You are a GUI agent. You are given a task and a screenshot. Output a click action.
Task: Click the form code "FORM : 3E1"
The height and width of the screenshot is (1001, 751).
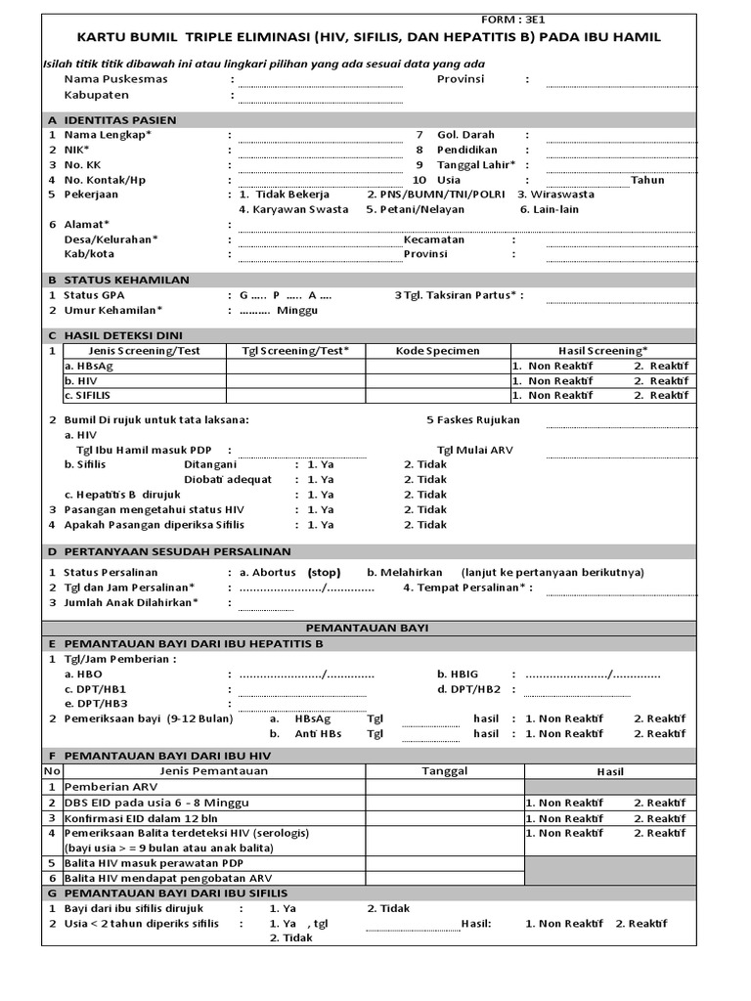(x=516, y=21)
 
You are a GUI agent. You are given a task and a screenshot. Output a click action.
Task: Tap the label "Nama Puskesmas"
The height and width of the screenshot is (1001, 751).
(x=115, y=79)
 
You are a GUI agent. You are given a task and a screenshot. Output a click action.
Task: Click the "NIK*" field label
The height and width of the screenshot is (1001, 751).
(x=76, y=151)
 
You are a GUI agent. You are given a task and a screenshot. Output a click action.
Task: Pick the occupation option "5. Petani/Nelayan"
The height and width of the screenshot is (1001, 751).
(x=416, y=209)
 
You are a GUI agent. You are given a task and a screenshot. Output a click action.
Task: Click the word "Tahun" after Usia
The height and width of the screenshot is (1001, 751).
(x=647, y=180)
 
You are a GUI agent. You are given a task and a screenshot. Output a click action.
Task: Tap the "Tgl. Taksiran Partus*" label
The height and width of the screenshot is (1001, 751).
(x=459, y=295)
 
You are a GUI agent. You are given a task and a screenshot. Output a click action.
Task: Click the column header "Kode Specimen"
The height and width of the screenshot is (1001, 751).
(x=437, y=351)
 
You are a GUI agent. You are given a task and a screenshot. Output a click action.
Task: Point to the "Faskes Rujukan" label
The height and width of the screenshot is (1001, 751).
(x=480, y=420)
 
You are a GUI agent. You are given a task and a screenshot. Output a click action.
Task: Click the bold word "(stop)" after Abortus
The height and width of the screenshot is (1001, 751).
(x=324, y=573)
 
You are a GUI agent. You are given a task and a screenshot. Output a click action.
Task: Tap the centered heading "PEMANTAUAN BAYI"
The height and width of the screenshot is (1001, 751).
(x=367, y=628)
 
